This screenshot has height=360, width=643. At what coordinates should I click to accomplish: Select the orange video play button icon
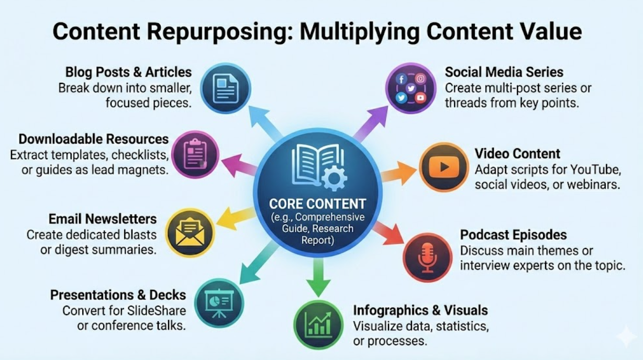click(x=444, y=167)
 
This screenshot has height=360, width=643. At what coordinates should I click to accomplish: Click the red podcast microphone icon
click(x=427, y=257)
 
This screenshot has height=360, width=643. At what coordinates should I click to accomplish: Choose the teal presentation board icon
click(x=219, y=303)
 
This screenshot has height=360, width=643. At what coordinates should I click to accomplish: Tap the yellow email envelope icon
click(x=190, y=233)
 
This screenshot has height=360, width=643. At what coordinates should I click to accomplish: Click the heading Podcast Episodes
click(x=513, y=235)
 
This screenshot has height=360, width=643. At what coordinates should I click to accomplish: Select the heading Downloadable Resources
click(x=94, y=139)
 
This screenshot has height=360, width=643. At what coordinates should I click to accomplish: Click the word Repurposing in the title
click(x=214, y=31)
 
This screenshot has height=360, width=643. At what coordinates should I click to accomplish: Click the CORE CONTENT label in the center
click(x=317, y=204)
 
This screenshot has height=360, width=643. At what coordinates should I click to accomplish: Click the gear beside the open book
click(x=334, y=178)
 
